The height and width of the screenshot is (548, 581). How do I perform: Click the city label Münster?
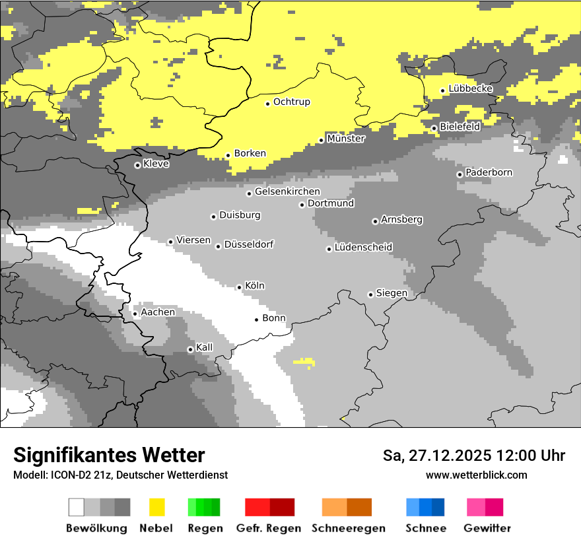click(x=346, y=139)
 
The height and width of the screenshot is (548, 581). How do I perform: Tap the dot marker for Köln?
click(x=239, y=287)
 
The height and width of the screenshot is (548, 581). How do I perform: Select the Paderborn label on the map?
click(x=489, y=172)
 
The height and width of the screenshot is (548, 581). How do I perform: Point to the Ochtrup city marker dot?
click(x=267, y=104)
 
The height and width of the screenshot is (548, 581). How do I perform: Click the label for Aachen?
click(x=158, y=312)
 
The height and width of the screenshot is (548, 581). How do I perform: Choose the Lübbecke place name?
click(x=471, y=88)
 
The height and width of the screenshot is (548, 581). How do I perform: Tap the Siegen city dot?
click(x=370, y=294)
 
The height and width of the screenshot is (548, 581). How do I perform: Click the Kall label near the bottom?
click(x=205, y=347)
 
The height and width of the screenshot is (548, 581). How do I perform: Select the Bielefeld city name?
click(x=460, y=126)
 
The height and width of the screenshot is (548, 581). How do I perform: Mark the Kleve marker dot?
click(x=137, y=165)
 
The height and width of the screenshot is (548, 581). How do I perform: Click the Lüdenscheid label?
click(x=363, y=248)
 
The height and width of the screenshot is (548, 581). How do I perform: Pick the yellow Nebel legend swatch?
click(x=157, y=507)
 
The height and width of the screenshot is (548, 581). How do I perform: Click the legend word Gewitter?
click(x=487, y=528)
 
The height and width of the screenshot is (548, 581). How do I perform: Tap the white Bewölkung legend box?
click(x=77, y=507)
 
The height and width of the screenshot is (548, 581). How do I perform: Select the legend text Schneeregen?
click(x=348, y=528)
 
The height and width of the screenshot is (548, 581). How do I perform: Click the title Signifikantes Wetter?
click(x=109, y=455)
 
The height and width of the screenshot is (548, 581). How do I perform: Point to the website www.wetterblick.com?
click(x=476, y=475)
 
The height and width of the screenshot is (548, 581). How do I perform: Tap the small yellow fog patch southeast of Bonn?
click(x=304, y=361)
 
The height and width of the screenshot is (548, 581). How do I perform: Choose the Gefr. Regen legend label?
click(x=268, y=528)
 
